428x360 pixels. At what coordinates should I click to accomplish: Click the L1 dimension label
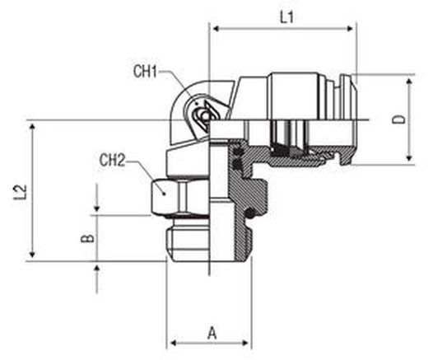(x=287, y=17)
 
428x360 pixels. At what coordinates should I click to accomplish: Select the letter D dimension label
(x=398, y=120)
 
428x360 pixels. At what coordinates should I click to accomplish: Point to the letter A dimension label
(x=212, y=333)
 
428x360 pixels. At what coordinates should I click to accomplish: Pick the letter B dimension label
(x=88, y=238)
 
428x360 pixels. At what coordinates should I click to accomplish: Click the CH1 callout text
(x=146, y=72)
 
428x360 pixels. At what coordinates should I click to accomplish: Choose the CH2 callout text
(x=112, y=160)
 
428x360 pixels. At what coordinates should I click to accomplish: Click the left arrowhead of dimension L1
(x=216, y=29)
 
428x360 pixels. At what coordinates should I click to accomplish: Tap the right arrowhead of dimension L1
(x=351, y=29)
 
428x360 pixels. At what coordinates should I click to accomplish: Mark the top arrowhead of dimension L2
(x=32, y=127)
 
